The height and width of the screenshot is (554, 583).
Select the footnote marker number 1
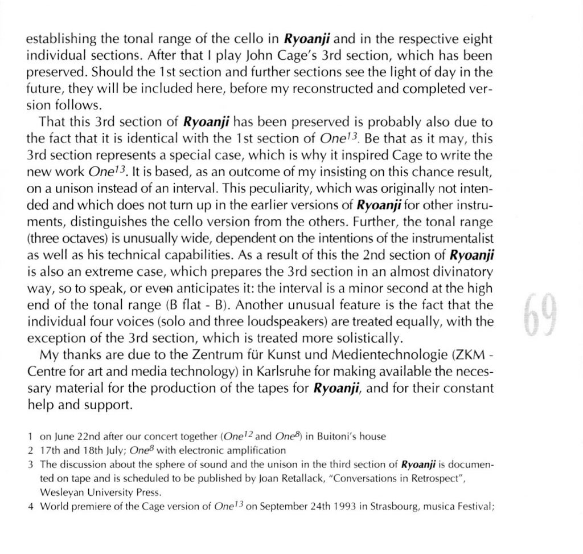[29, 437]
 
